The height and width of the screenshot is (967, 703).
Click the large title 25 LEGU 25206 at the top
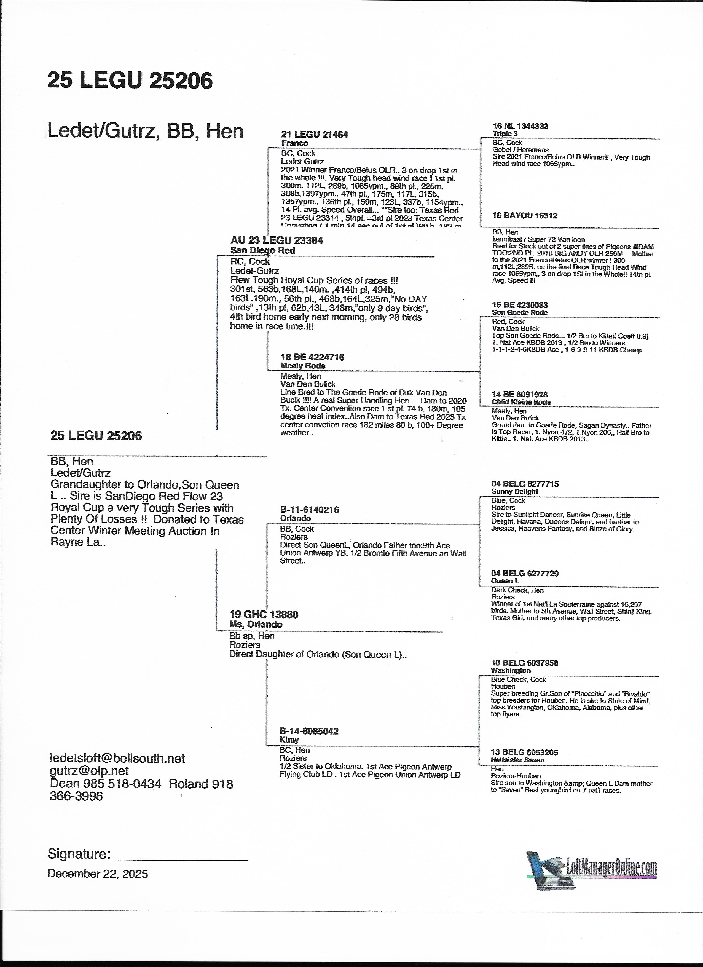tap(130, 80)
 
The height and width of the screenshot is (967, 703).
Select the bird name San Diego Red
tap(263, 250)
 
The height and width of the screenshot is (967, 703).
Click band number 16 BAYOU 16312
tap(525, 215)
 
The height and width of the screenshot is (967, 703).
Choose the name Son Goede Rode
tap(520, 312)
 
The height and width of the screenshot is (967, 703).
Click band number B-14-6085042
tap(309, 731)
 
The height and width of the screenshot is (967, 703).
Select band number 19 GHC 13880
tap(264, 614)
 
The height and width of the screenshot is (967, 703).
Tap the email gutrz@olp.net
tap(89, 771)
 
